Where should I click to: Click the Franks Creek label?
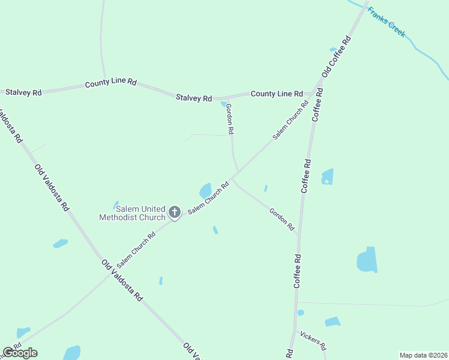[x=387, y=22]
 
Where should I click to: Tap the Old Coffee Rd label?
[x=336, y=56]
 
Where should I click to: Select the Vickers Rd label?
[x=313, y=340]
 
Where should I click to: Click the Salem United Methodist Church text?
[x=131, y=213]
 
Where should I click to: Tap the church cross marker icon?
[x=175, y=212]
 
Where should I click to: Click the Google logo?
[x=20, y=353]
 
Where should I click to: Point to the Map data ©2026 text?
[x=423, y=355]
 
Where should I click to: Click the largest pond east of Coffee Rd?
[x=367, y=260]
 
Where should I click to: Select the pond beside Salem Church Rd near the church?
[x=205, y=191]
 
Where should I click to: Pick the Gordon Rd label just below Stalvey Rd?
[x=229, y=118]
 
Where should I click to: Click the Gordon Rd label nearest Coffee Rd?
[x=282, y=220]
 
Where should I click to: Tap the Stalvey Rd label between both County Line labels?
[x=194, y=97]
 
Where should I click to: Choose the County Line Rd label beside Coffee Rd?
[x=277, y=94]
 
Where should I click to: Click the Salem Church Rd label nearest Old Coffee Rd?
[x=291, y=120]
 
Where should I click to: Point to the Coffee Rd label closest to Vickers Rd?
[x=297, y=271]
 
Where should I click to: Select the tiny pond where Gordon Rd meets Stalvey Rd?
[x=224, y=104]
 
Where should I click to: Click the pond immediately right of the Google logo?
[x=72, y=353]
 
